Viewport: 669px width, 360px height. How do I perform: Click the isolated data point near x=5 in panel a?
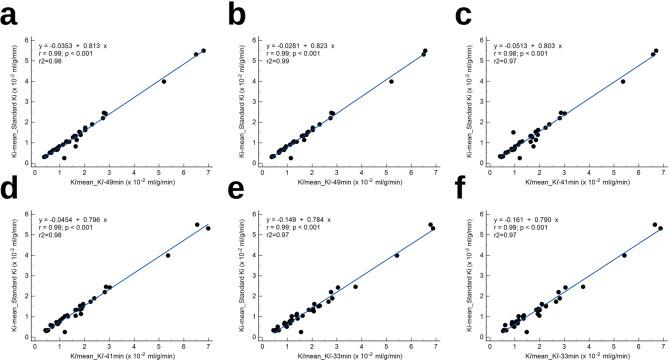164,81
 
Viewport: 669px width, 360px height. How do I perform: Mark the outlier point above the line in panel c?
514,132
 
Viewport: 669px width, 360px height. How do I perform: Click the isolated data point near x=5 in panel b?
392,81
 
